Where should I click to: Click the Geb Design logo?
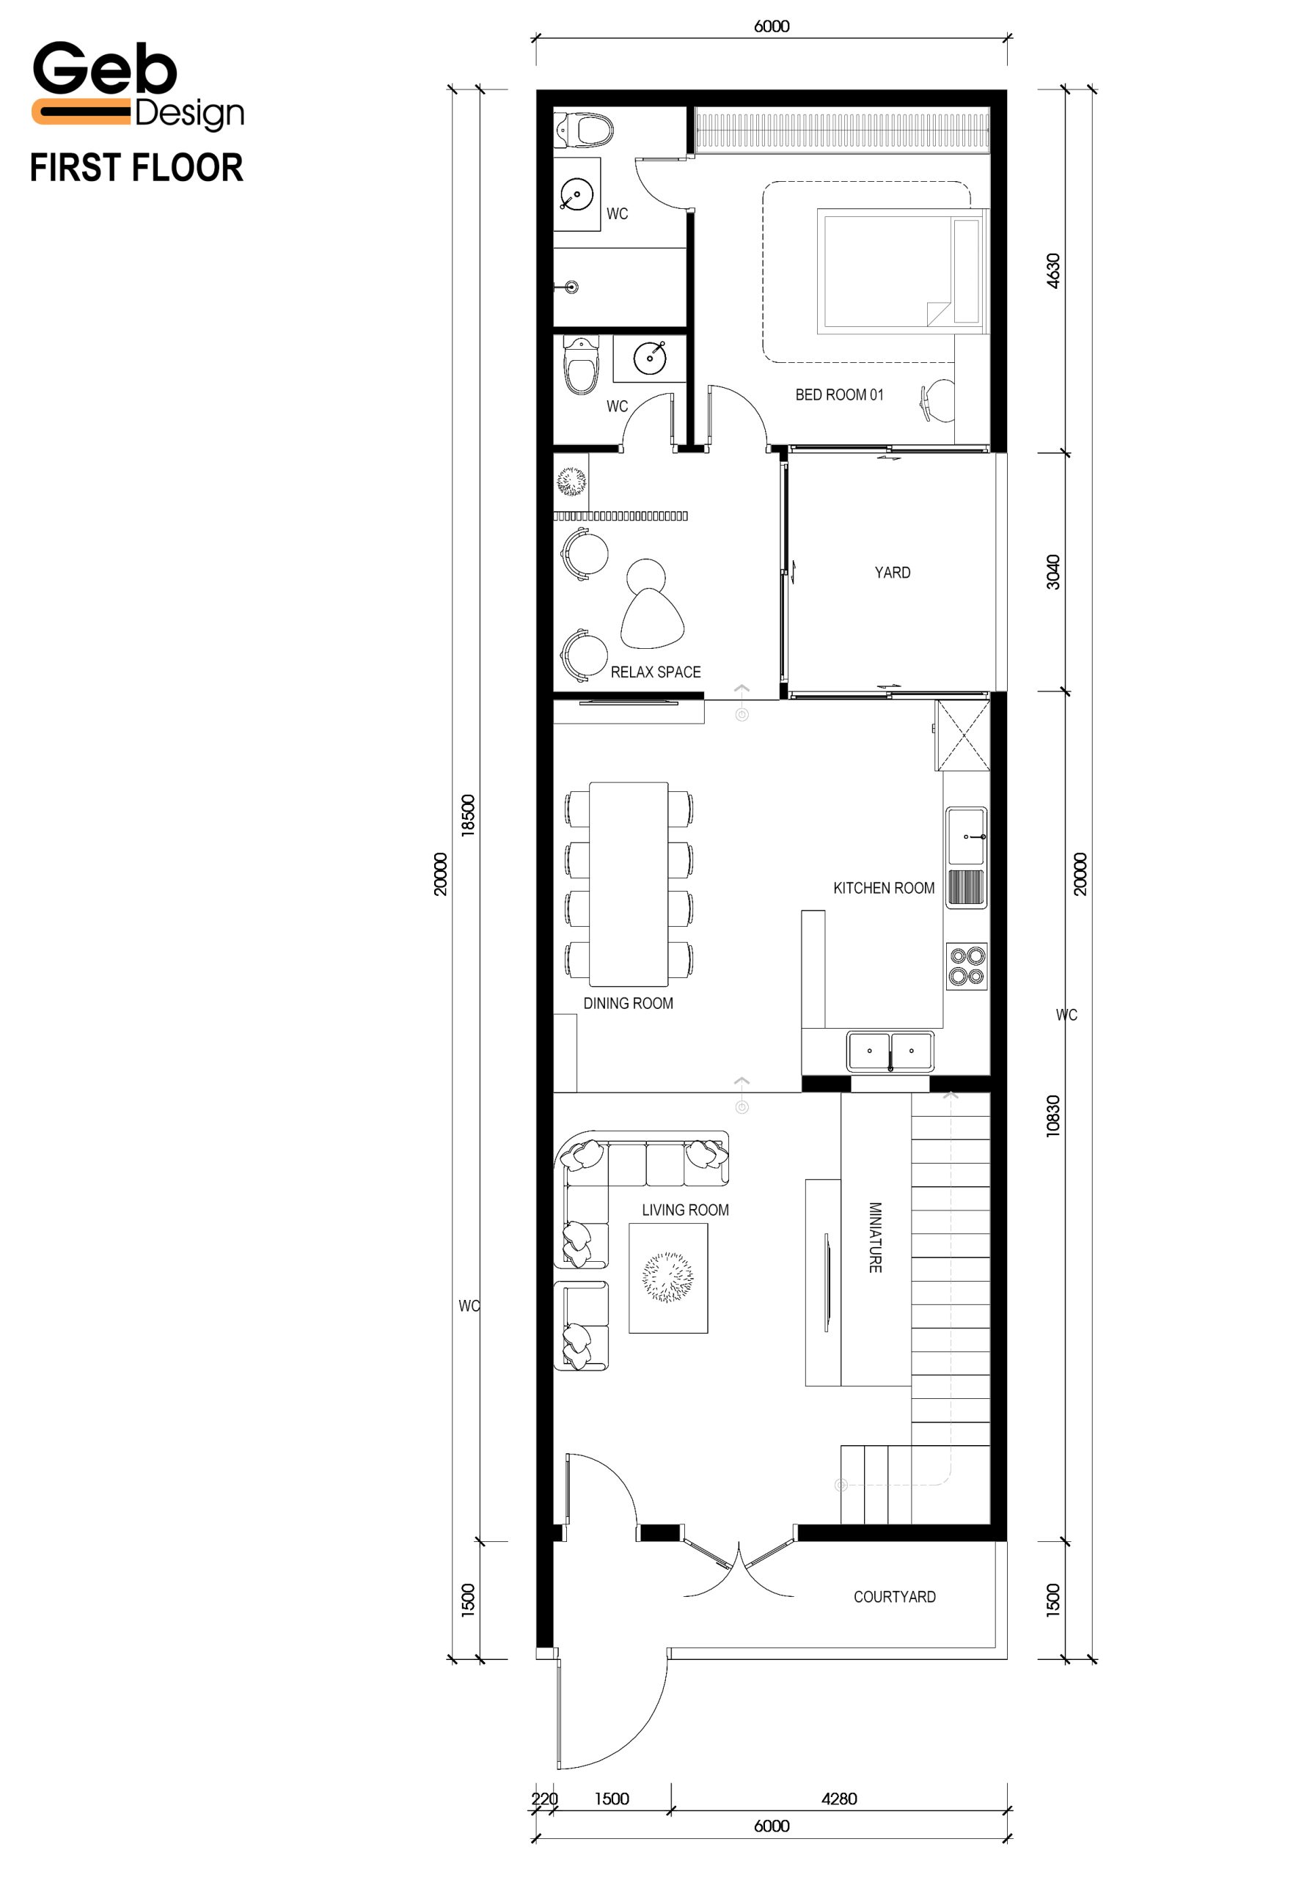(138, 85)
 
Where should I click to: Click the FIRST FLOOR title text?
(136, 168)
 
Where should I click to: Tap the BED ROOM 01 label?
(839, 394)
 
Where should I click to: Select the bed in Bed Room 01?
(902, 271)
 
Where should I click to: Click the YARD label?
(893, 573)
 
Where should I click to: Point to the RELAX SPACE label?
(655, 672)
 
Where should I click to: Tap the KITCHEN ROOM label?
(884, 888)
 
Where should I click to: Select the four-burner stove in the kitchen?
(967, 966)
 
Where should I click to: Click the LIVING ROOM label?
(685, 1210)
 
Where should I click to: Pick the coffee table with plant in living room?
(668, 1278)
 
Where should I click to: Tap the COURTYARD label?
(894, 1597)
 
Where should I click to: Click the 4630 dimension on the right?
(1053, 271)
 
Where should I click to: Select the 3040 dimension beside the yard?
(1053, 572)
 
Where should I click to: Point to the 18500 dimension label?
(468, 815)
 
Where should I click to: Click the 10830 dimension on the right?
(1053, 1115)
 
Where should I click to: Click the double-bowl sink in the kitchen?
(890, 1051)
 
